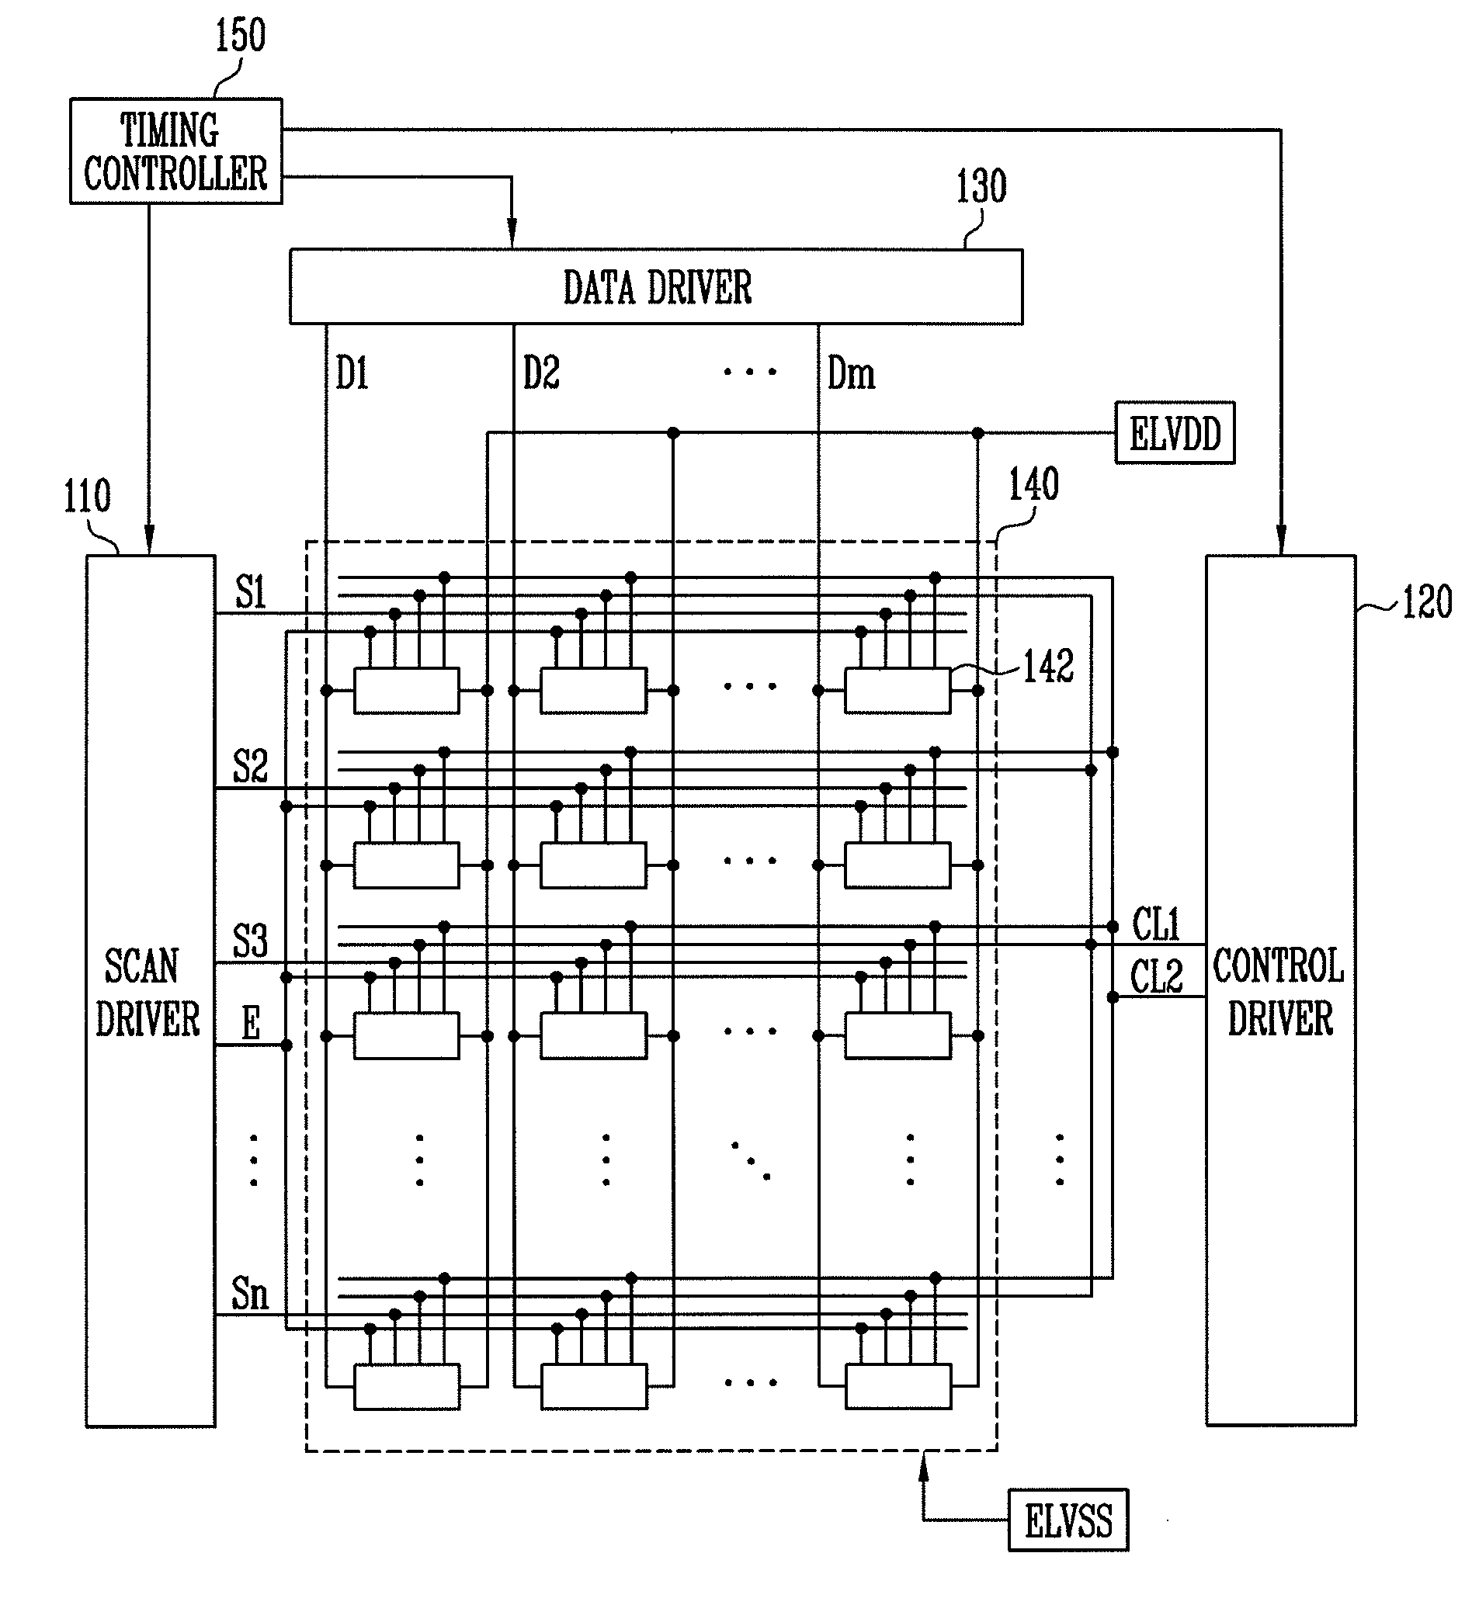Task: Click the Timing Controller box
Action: (176, 151)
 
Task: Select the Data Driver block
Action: (656, 286)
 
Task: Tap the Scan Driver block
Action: (151, 991)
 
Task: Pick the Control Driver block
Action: (1281, 990)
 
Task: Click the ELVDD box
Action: (1175, 433)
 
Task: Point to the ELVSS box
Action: (1068, 1520)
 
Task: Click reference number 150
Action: (241, 36)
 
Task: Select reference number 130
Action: (981, 187)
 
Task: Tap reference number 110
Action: (88, 497)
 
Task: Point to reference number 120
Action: (1427, 602)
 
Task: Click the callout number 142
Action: (1048, 667)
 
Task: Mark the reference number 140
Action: (1034, 484)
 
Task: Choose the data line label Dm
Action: (852, 373)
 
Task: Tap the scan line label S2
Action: (250, 767)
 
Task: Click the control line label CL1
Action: (1156, 925)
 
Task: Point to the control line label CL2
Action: (1157, 976)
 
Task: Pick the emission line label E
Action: (251, 1023)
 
